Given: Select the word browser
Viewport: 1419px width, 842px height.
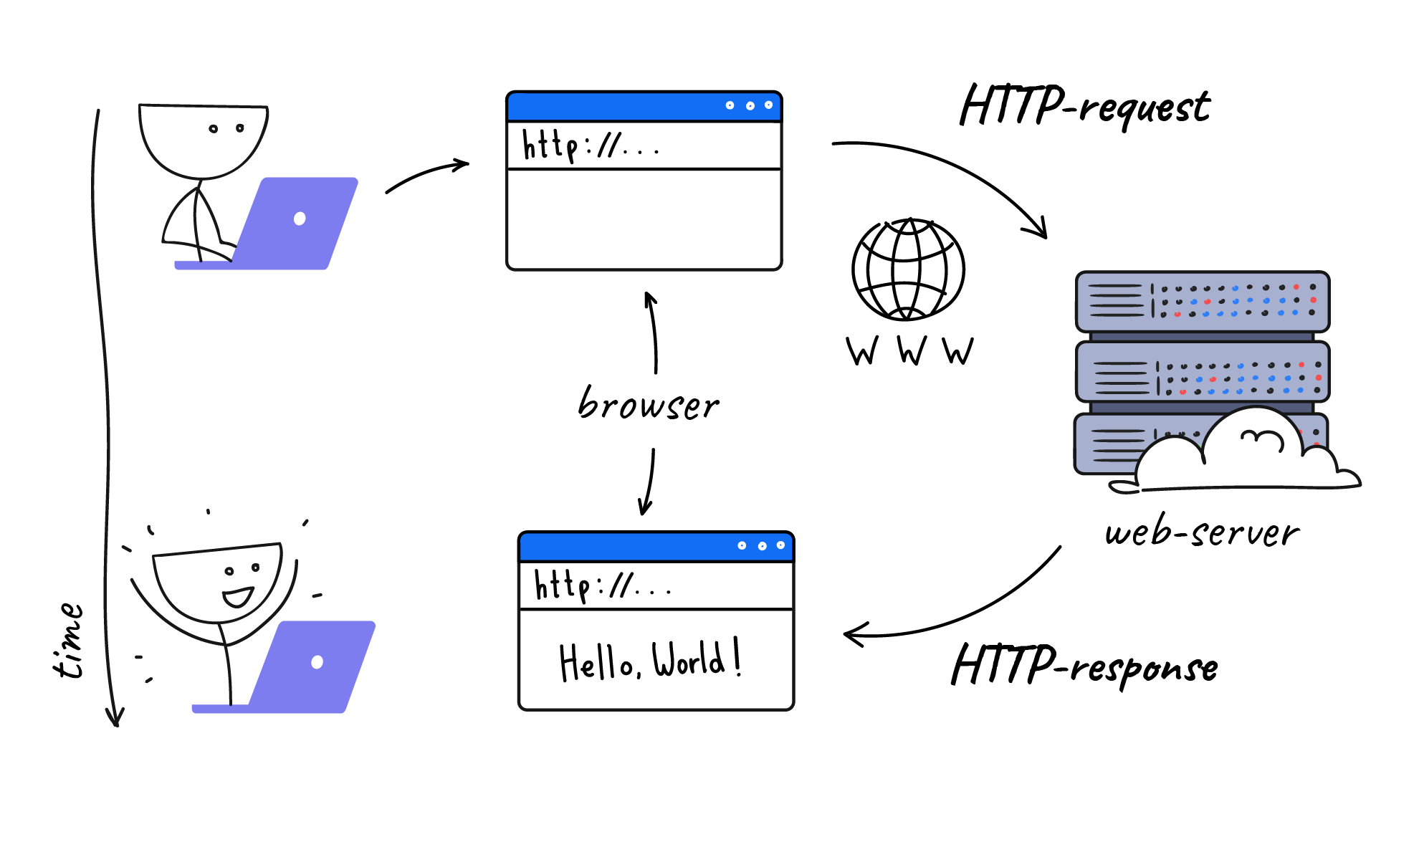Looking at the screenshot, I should point(648,405).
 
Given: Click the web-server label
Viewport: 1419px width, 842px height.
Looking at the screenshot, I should point(1202,533).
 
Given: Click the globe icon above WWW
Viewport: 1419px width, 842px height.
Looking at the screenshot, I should point(908,269).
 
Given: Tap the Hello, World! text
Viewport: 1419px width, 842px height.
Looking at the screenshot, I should point(649,660).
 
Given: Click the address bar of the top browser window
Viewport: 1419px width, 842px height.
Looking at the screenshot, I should point(643,146).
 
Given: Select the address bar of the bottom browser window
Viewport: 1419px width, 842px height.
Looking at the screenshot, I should point(655,586).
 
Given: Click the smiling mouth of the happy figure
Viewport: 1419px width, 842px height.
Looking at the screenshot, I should point(237,596).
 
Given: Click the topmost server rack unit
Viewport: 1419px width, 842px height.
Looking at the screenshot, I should point(1202,301).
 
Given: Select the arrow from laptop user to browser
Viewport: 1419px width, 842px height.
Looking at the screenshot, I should point(427,176).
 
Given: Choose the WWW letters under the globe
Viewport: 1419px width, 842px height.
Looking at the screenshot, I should point(909,351).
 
